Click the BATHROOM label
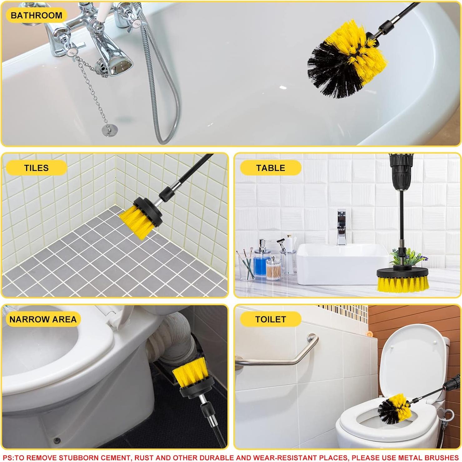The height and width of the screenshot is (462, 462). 36,15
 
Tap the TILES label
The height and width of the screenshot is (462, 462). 36,168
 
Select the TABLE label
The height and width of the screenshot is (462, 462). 271,168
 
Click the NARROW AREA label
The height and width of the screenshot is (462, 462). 43,319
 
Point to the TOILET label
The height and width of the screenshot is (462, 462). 271,319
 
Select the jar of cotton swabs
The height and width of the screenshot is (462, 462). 274,269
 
